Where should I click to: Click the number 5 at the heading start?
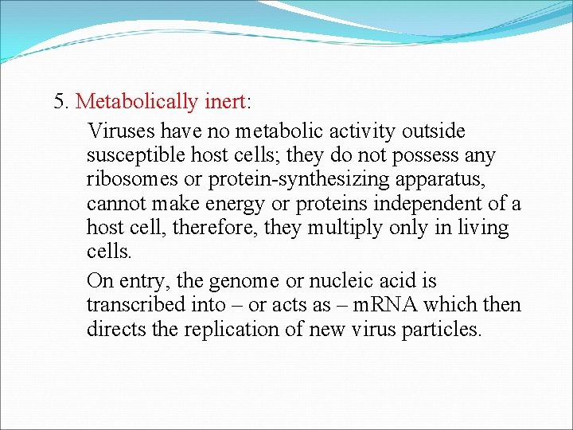59,102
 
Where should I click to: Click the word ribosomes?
132,180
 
